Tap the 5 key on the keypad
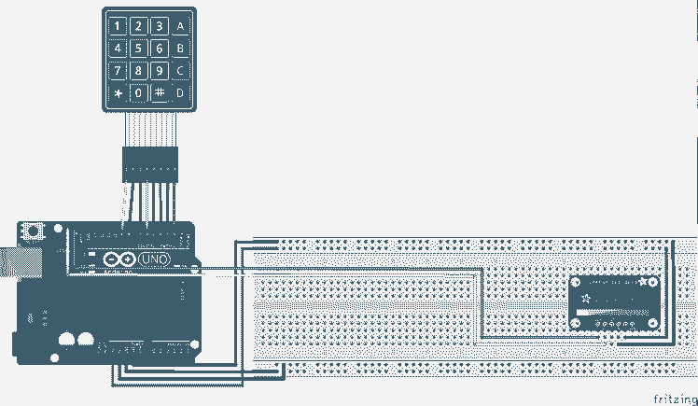click(139, 49)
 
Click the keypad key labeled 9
click(160, 70)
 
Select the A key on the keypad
click(180, 26)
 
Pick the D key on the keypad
click(180, 92)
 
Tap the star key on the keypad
click(119, 93)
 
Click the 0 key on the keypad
click(139, 93)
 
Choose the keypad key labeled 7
click(119, 70)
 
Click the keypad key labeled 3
click(160, 26)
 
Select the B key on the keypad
click(180, 49)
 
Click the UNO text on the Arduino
click(155, 259)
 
